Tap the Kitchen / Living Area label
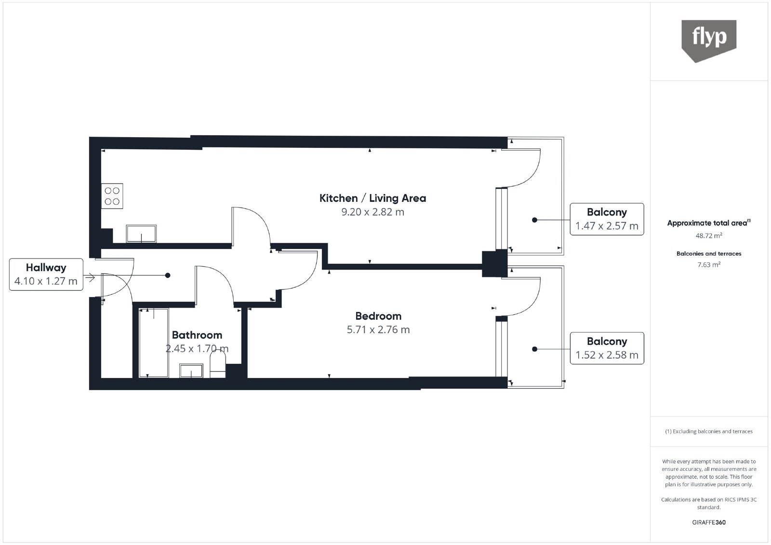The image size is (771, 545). tap(372, 198)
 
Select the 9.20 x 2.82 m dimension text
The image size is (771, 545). tap(372, 212)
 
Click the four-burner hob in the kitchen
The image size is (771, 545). tap(112, 196)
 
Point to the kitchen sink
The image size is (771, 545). tap(141, 234)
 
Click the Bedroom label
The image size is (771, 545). tap(378, 316)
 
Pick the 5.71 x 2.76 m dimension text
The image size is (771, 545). tap(378, 329)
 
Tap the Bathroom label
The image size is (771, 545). tap(197, 335)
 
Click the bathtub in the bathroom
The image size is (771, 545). tap(154, 343)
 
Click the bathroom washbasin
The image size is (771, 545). tap(191, 371)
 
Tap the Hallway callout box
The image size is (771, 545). tap(46, 274)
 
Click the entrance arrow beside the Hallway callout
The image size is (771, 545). tap(90, 277)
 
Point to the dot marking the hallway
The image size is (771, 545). tap(168, 275)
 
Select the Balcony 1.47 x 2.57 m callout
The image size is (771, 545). tap(607, 219)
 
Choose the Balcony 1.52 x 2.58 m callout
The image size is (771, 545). tap(607, 348)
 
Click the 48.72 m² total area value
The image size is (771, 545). tap(709, 235)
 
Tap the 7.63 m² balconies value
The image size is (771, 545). tap(709, 264)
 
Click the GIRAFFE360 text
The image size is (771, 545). tap(709, 522)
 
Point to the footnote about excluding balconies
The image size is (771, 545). tap(709, 431)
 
